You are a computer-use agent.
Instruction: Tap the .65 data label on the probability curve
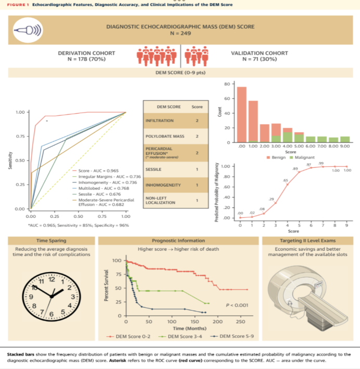[x=285, y=180]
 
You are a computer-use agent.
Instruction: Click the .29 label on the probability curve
[x=271, y=200]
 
